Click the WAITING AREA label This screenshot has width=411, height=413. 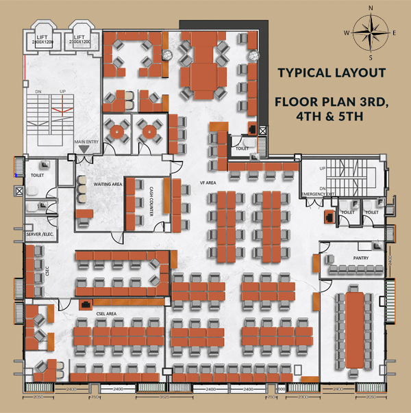click(108, 184)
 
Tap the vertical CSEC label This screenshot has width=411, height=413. click(29, 270)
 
